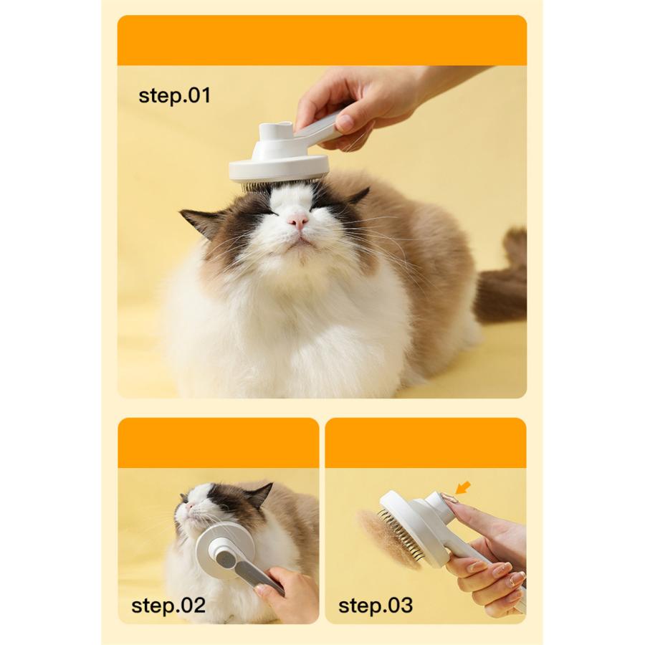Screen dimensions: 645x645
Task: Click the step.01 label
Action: click(174, 95)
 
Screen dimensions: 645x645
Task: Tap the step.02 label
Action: click(168, 606)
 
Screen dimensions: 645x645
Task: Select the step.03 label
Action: click(375, 606)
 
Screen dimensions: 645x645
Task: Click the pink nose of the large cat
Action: click(298, 221)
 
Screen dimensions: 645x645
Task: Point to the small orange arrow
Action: click(463, 488)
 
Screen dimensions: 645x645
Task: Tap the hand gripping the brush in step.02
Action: click(288, 593)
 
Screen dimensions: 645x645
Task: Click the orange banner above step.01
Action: click(322, 40)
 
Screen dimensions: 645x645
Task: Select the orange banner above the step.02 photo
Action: click(219, 443)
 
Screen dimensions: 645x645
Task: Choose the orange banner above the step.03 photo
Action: click(426, 443)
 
